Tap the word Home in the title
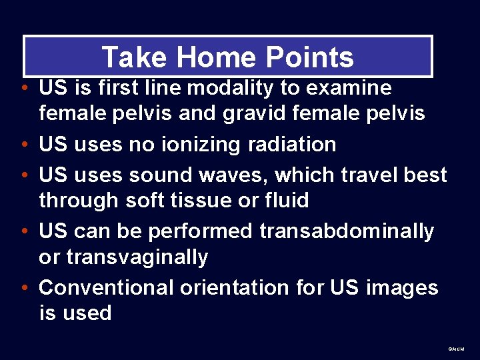(201, 57)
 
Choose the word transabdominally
(347, 231)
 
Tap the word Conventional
(107, 287)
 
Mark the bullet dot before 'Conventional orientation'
(24, 289)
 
